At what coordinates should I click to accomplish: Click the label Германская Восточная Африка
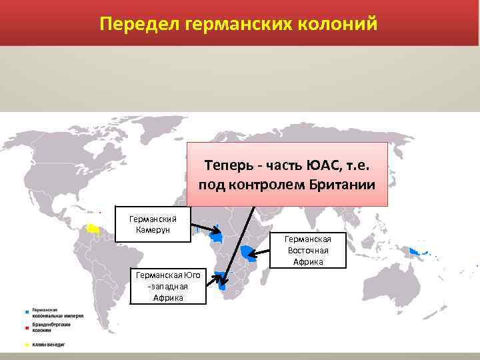(x=309, y=250)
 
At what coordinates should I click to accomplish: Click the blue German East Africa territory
(x=249, y=253)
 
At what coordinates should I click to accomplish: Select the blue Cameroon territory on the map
(x=217, y=236)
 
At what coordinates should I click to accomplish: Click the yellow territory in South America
(x=94, y=228)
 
